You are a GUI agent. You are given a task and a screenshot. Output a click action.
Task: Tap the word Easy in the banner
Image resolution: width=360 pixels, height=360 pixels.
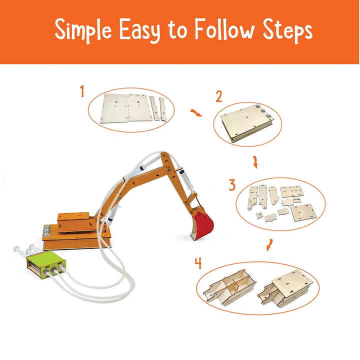pyautogui.click(x=139, y=31)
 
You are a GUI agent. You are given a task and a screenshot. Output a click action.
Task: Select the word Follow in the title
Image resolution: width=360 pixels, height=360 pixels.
pyautogui.click(x=225, y=29)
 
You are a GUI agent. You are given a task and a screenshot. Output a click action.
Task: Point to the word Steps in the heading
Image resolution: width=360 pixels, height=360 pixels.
pyautogui.click(x=287, y=31)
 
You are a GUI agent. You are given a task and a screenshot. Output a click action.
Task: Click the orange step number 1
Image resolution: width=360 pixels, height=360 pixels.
pyautogui.click(x=82, y=91)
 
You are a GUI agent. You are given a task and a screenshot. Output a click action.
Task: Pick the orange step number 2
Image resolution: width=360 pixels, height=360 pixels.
pyautogui.click(x=219, y=96)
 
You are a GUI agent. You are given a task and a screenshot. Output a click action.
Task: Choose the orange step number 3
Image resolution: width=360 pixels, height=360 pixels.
pyautogui.click(x=232, y=185)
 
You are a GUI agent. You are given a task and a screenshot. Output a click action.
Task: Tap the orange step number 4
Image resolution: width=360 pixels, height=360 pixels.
pyautogui.click(x=198, y=263)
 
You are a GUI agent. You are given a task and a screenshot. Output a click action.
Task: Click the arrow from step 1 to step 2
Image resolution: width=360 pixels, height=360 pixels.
pyautogui.click(x=196, y=112)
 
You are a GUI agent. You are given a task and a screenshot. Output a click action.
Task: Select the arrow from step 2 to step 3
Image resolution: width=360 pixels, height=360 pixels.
pyautogui.click(x=255, y=162)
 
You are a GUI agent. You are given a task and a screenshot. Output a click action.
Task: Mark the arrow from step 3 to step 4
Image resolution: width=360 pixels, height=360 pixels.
pyautogui.click(x=269, y=245)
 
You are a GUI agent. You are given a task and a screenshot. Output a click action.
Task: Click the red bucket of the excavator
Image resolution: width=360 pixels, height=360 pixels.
pyautogui.click(x=202, y=225)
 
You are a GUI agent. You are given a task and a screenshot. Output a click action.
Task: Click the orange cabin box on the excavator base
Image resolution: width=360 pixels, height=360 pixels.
pyautogui.click(x=74, y=222)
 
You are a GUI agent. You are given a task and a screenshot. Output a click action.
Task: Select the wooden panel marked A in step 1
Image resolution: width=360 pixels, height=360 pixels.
pyautogui.click(x=114, y=108)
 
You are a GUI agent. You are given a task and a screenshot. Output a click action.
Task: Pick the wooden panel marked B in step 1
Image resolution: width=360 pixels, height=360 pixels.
pyautogui.click(x=139, y=107)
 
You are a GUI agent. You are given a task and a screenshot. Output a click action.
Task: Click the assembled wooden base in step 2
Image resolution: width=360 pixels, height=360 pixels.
pyautogui.click(x=247, y=123)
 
